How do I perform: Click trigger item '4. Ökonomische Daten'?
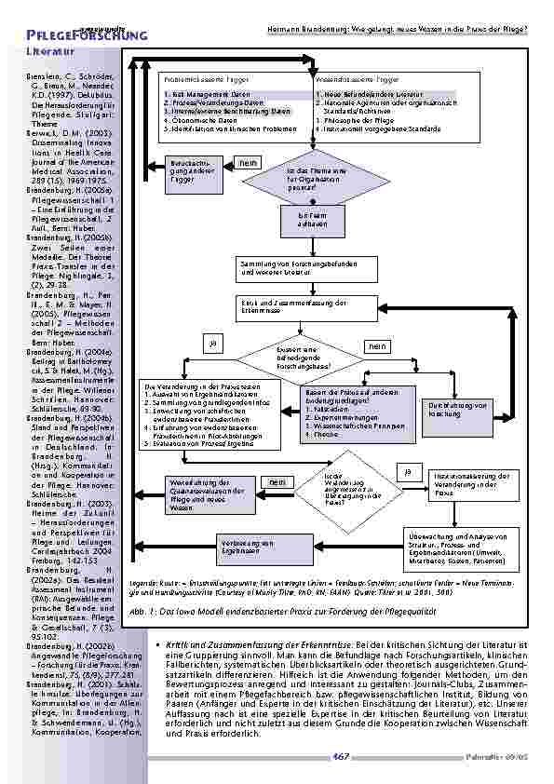pyautogui.click(x=198, y=119)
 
